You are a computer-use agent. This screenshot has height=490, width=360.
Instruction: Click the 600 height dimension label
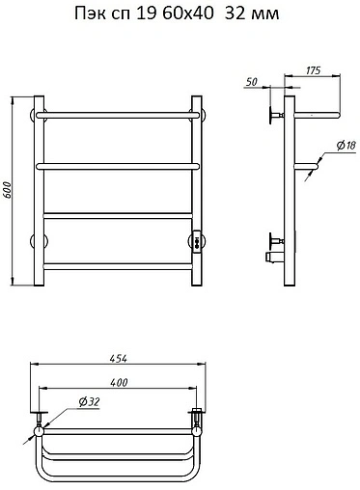point(8,191)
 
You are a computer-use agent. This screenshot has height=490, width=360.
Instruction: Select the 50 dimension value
point(252,82)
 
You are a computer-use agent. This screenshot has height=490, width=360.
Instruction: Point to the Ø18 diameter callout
point(346,146)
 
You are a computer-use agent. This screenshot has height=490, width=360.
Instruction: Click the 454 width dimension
point(118,359)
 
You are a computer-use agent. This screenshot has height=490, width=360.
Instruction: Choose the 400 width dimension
point(119,382)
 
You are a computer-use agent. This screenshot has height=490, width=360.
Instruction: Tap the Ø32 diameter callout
point(89,402)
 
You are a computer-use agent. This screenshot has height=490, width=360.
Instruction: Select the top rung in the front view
point(118,115)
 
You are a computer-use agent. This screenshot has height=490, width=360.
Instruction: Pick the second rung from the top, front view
point(118,166)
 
